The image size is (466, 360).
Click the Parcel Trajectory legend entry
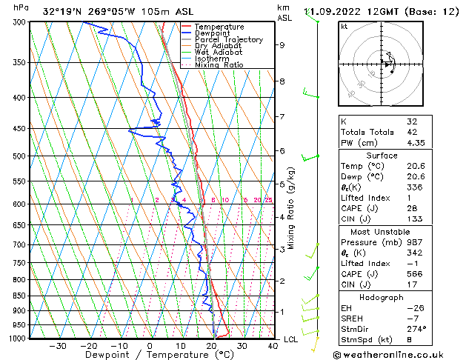coord(228,39)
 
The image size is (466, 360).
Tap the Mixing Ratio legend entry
coord(219,65)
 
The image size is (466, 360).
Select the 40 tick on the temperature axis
coord(273,345)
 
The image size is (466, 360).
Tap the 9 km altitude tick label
coord(282,45)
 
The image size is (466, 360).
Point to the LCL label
coord(291,339)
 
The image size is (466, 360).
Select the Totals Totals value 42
coord(412,132)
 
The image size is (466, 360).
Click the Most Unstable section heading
coord(382,231)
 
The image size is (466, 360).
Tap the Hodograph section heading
coord(382,297)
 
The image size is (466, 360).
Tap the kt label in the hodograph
coord(344,27)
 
